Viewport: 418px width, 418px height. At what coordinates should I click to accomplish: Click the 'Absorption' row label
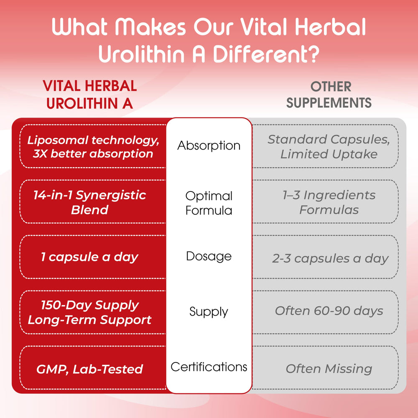[209, 145]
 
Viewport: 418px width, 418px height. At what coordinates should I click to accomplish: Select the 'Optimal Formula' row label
[209, 203]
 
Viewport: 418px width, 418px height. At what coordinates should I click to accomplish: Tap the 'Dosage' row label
[209, 256]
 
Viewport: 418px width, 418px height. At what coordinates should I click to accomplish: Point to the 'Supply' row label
[209, 311]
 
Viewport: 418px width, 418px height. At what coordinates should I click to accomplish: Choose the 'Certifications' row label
[209, 367]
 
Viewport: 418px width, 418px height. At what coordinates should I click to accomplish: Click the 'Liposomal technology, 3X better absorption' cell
[90, 146]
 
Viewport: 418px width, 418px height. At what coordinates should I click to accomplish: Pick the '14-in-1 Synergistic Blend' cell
[90, 202]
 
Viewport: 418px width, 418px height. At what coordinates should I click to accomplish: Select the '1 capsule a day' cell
[89, 257]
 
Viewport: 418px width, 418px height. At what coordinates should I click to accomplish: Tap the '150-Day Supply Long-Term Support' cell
[89, 312]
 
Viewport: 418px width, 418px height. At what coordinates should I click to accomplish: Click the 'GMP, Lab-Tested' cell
[89, 369]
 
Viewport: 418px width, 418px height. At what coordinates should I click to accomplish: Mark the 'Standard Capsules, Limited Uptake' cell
[329, 146]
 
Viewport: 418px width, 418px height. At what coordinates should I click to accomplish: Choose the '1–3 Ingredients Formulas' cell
[329, 202]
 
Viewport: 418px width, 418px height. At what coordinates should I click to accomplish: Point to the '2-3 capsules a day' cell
[330, 258]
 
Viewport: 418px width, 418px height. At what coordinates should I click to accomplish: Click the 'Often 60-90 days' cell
[329, 311]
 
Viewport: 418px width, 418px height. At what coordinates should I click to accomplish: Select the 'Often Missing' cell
[329, 369]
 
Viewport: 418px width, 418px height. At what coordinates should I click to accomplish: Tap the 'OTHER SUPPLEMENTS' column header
[329, 94]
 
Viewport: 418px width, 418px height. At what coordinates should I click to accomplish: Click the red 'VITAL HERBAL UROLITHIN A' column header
[89, 94]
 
